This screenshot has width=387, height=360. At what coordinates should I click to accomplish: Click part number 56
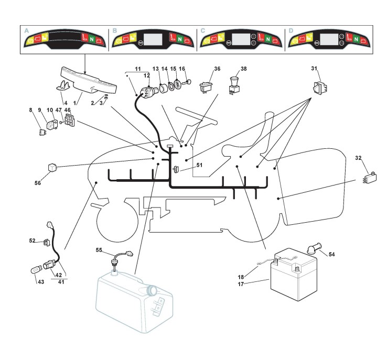[x=37, y=184]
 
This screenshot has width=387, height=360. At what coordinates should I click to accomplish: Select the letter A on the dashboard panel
[x=26, y=31]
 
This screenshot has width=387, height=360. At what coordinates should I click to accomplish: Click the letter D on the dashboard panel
[x=291, y=31]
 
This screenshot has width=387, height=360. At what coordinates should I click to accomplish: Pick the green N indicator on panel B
[x=179, y=40]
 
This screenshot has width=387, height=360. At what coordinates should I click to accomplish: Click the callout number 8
[x=31, y=110]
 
